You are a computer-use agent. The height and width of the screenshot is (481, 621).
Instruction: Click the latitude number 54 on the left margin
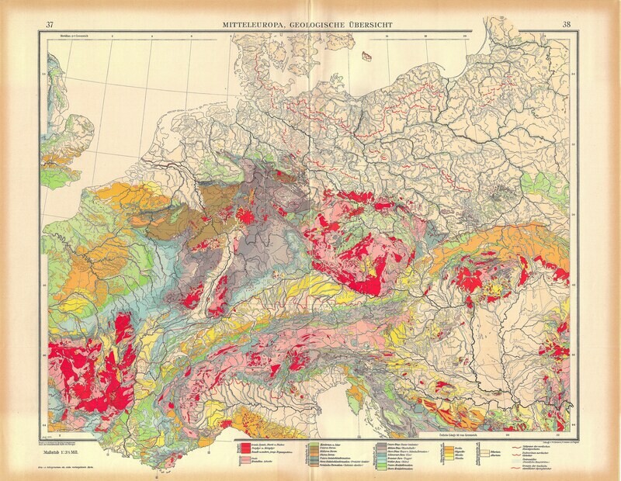click(x=43, y=74)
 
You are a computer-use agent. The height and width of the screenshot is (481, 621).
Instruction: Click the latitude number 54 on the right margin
click(x=574, y=74)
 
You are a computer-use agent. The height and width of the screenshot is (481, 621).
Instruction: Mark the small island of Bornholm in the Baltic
click(x=369, y=56)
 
